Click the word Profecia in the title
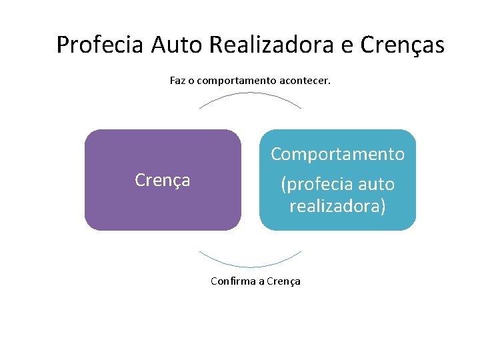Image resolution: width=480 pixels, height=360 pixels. click(x=101, y=45)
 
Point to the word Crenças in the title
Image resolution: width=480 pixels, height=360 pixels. click(x=402, y=45)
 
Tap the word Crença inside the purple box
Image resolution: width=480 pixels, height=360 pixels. click(x=163, y=180)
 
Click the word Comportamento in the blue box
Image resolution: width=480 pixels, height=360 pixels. click(x=337, y=154)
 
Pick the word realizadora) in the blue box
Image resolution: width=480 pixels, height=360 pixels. click(x=337, y=206)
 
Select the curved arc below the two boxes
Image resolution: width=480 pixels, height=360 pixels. click(x=250, y=266)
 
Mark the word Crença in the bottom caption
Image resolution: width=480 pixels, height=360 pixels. click(x=283, y=281)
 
